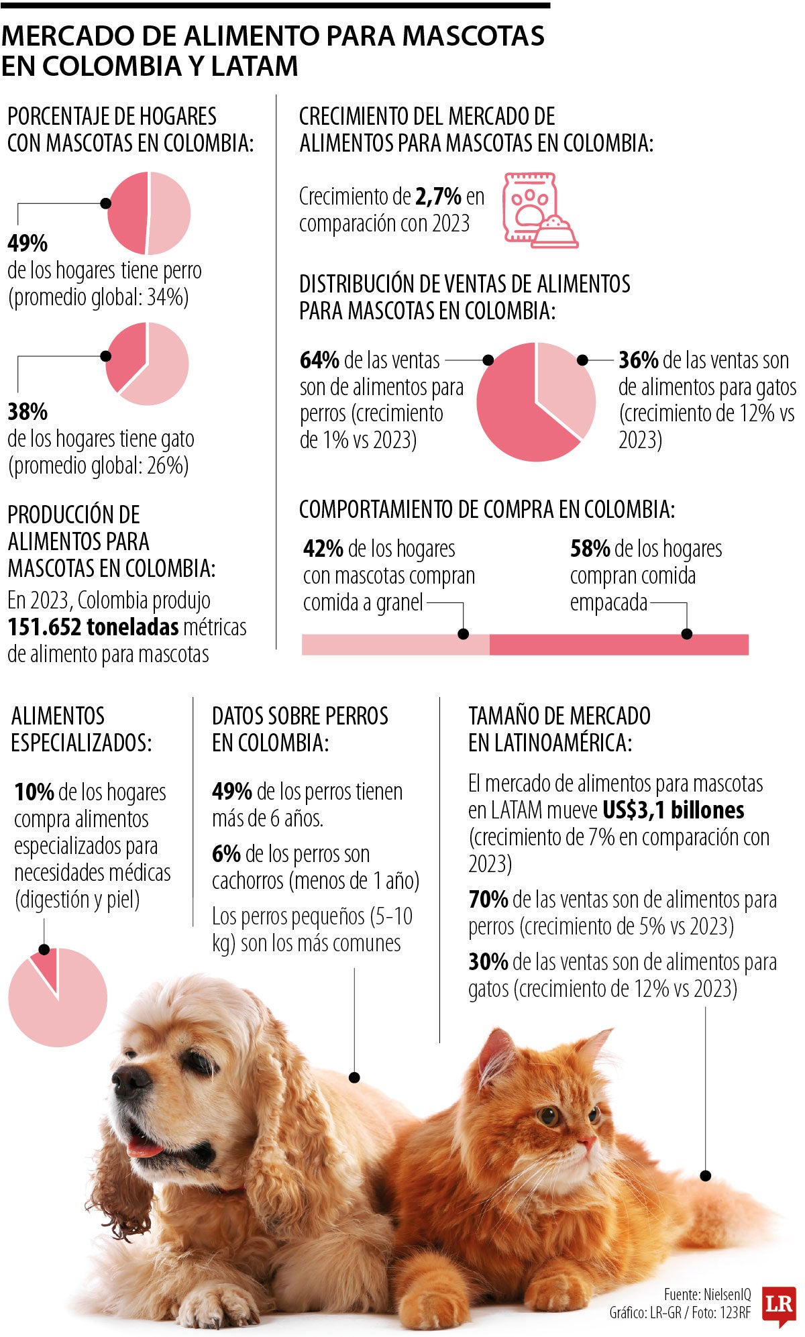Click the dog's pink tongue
[x=143, y=1148]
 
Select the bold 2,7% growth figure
[x=438, y=197]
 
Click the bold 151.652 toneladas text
[x=93, y=627]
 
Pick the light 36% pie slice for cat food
[x=567, y=382]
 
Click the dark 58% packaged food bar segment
[x=619, y=644]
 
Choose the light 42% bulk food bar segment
[x=395, y=644]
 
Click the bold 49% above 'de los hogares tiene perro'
[x=28, y=242]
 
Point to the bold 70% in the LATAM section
[x=488, y=899]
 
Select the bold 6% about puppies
[x=226, y=854]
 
